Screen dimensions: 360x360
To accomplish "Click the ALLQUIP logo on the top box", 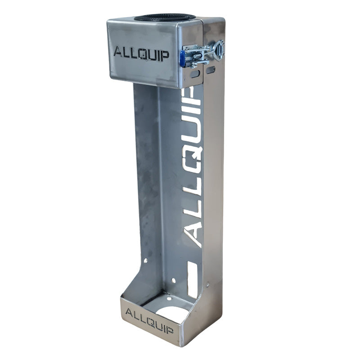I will [x=141, y=53].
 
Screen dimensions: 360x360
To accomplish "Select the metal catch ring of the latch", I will [x=218, y=50].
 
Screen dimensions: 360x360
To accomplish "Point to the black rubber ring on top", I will [x=165, y=18].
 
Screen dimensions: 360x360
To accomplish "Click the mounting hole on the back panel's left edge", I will [x=145, y=260].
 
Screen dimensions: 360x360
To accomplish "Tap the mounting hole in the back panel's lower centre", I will [x=173, y=280].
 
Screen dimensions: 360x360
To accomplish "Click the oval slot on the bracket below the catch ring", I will [x=210, y=70].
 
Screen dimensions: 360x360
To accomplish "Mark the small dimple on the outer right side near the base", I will [x=207, y=284].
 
